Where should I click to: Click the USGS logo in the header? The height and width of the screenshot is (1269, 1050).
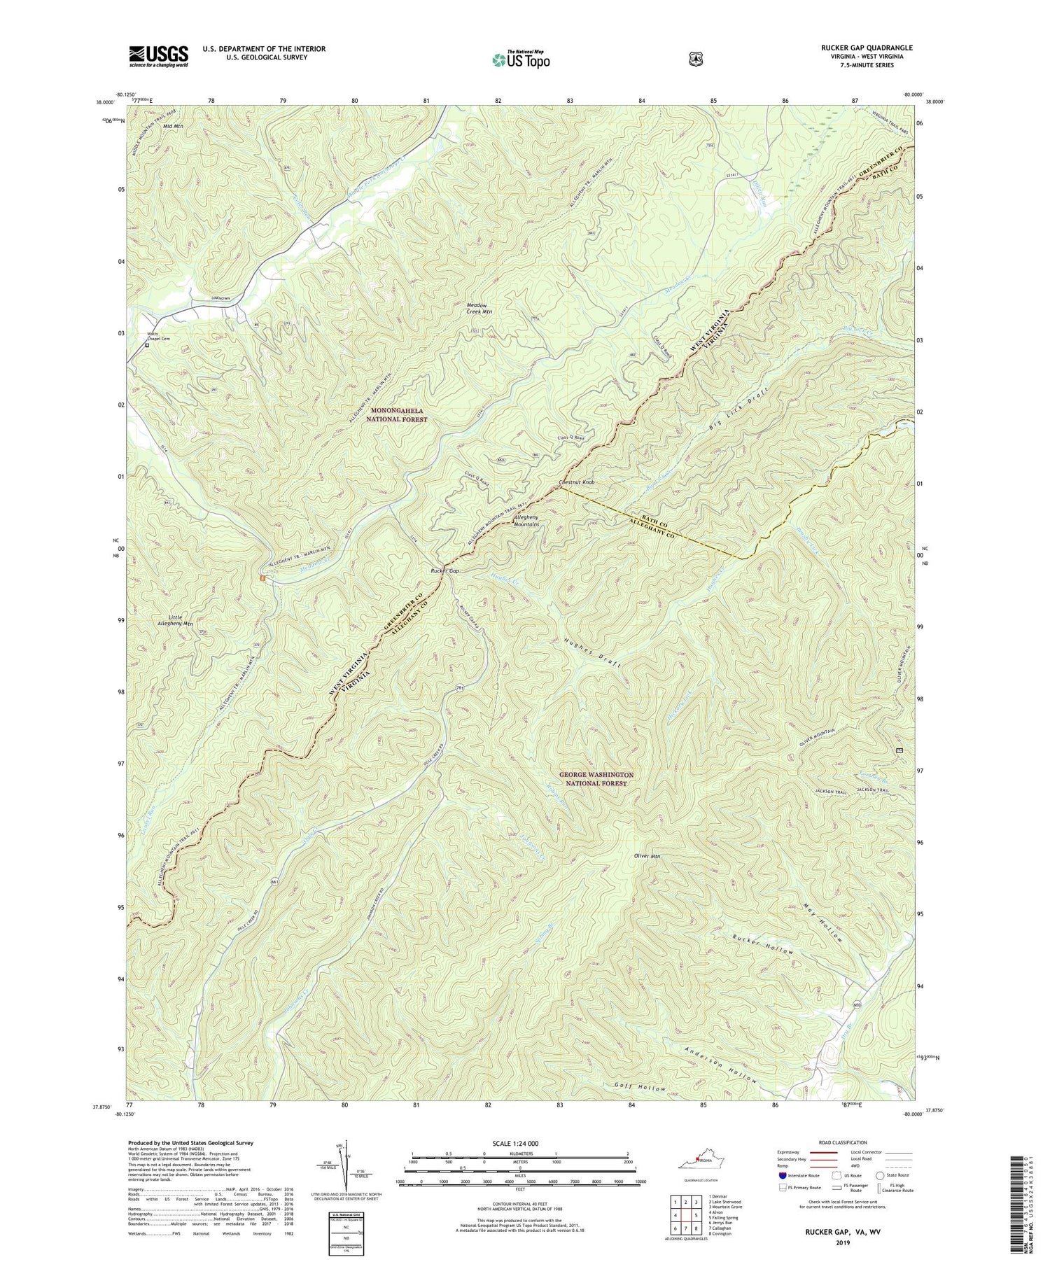[158, 55]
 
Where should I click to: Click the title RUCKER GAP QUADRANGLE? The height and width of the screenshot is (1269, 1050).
[858, 48]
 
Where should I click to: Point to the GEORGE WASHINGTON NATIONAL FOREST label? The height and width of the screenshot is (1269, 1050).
[596, 779]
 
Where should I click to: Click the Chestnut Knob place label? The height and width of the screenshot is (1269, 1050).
[576, 483]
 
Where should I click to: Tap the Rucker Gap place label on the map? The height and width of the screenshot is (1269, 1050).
[444, 571]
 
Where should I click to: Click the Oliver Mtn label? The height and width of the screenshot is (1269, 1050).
[647, 856]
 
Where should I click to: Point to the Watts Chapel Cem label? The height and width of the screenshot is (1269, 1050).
[158, 337]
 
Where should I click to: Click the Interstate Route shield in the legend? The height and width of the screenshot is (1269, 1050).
[782, 1175]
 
